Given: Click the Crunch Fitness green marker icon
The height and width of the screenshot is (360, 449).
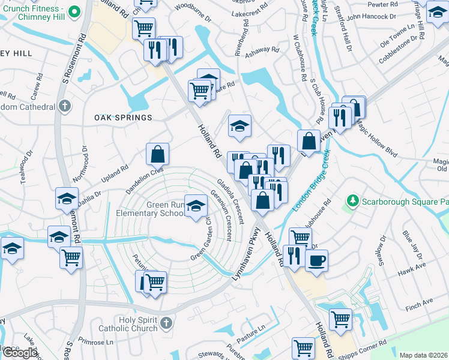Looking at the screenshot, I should pos(74,12).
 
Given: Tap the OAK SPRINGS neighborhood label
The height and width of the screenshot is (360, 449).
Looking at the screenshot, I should pos(123,118).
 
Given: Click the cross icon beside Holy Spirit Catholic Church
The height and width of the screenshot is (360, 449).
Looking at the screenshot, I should pos(166,324).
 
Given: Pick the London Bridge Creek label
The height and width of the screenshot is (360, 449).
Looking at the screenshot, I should pos(312,181).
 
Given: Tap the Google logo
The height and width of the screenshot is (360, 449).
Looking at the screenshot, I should pos(20,353).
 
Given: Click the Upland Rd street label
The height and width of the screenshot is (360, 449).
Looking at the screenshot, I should pos(115,173).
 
